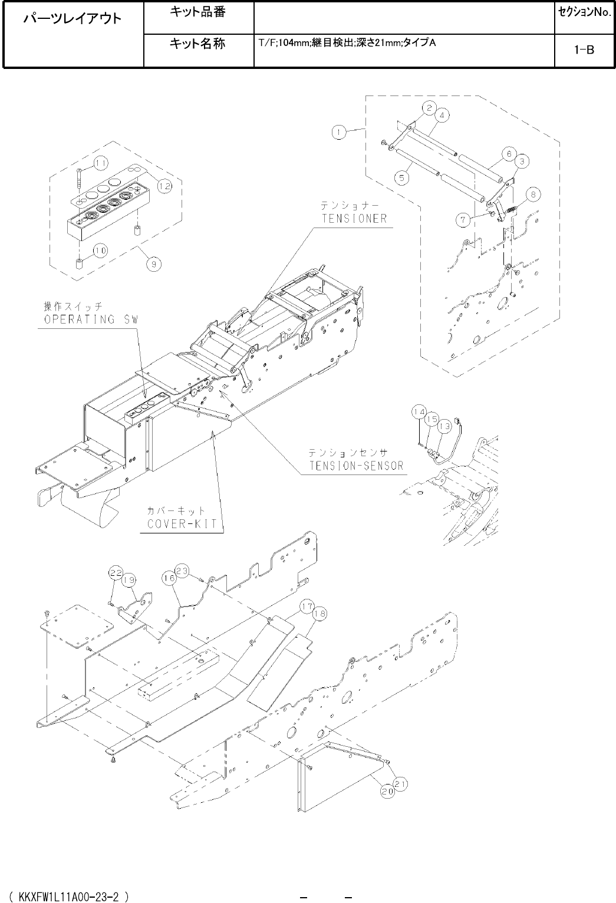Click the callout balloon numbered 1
point(338,133)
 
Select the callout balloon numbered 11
point(101,163)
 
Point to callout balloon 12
point(164,186)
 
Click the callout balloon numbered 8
point(532,193)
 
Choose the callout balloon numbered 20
point(387,792)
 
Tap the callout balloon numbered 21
point(401,784)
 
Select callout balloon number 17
point(307,606)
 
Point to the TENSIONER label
point(353,219)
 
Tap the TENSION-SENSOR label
point(356,466)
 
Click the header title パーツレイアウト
point(73,19)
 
